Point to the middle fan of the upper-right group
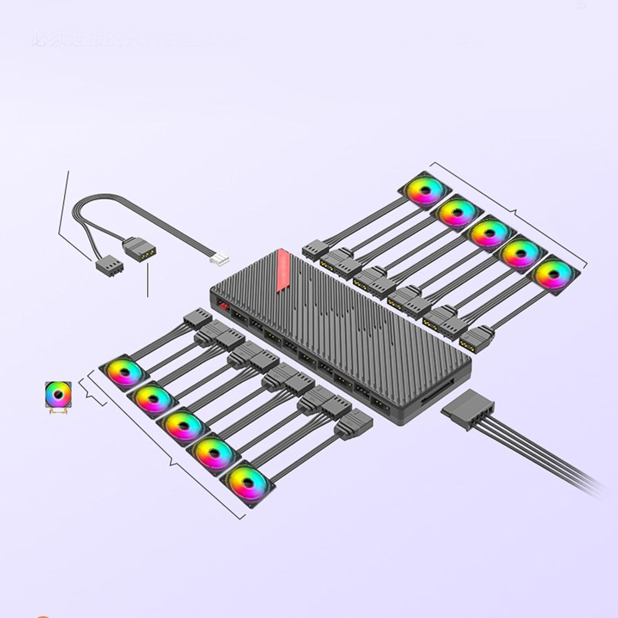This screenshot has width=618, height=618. (489, 232)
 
